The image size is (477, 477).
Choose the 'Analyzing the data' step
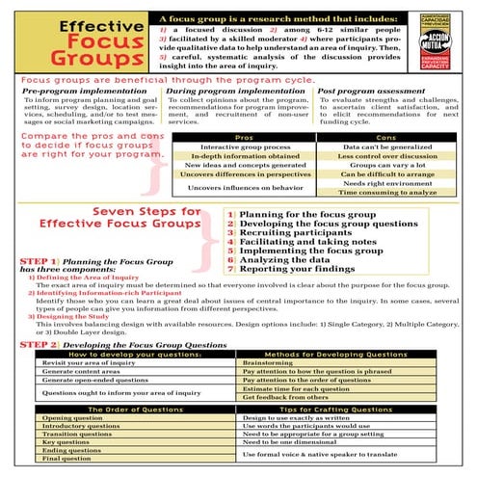pos(279,259)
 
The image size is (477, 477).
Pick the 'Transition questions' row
pos(76,435)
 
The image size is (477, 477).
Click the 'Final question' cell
pos(66,458)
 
